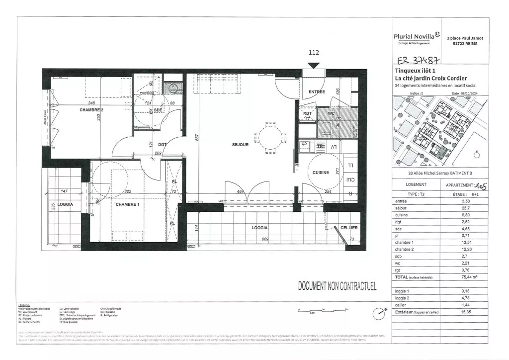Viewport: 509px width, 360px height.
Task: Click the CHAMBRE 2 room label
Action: [x=91, y=109]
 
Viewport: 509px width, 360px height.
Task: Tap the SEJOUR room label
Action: [x=240, y=145]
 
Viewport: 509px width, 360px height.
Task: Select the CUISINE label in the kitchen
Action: [x=320, y=172]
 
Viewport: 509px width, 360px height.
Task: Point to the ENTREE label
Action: [x=317, y=92]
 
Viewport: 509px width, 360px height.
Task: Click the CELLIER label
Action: [x=348, y=228]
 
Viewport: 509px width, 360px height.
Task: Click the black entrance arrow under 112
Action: [x=314, y=65]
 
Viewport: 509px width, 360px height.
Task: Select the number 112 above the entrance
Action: [x=314, y=52]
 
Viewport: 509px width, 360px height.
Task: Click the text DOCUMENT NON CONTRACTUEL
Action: [x=337, y=286]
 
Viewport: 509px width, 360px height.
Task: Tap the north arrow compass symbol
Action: [x=381, y=312]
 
